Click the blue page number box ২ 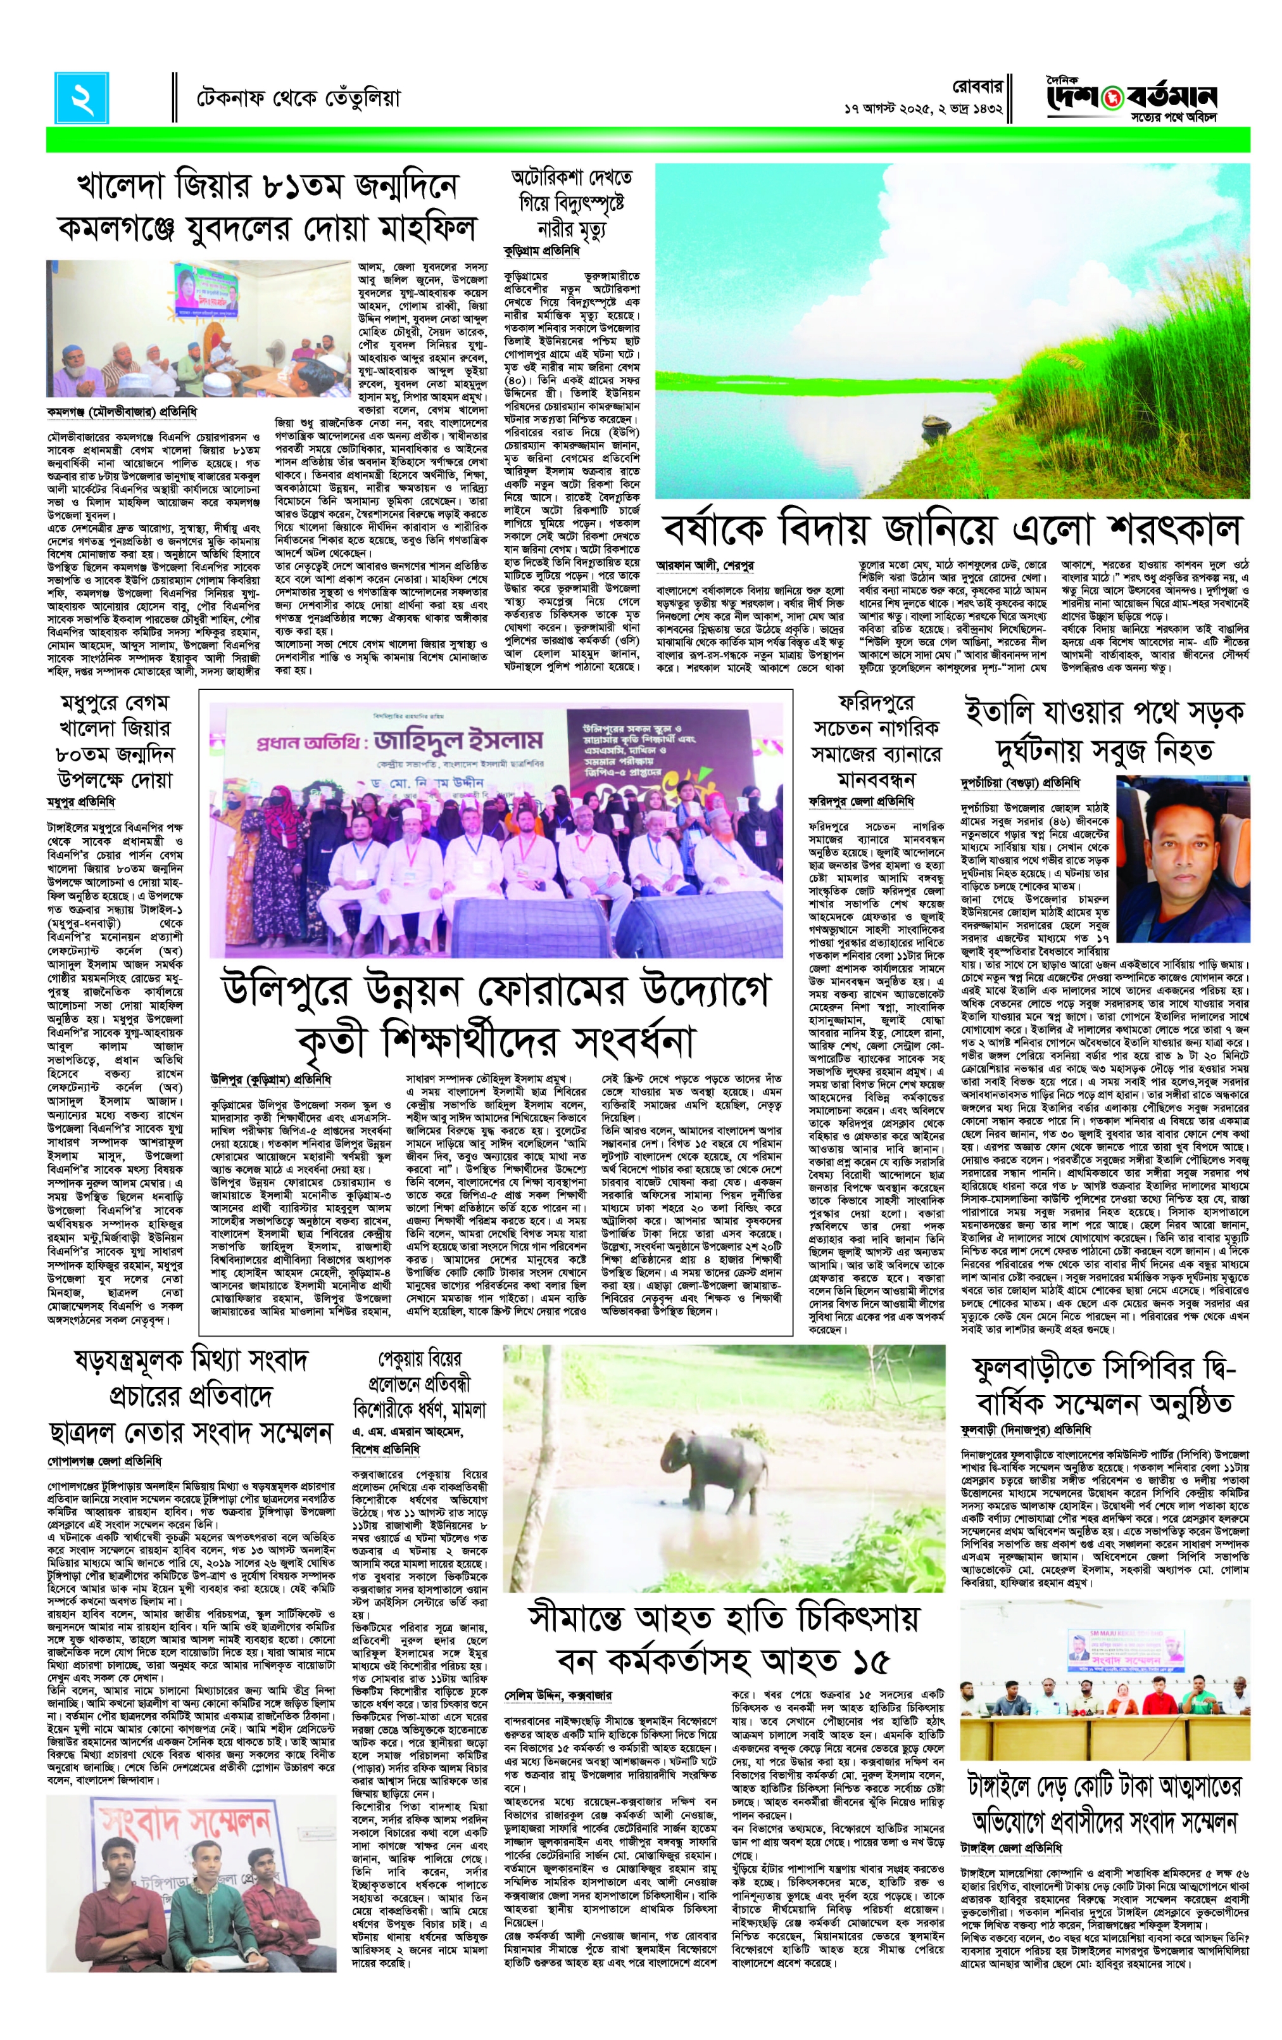tap(83, 98)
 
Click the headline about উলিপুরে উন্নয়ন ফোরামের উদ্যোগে tap(494, 1015)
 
